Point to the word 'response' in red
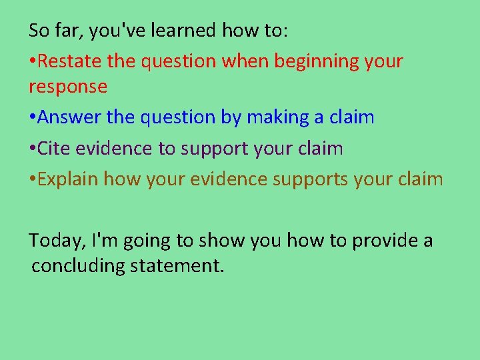point(68,87)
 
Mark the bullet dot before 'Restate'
point(32,62)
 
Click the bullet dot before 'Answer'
point(32,118)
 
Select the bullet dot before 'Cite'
point(32,149)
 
